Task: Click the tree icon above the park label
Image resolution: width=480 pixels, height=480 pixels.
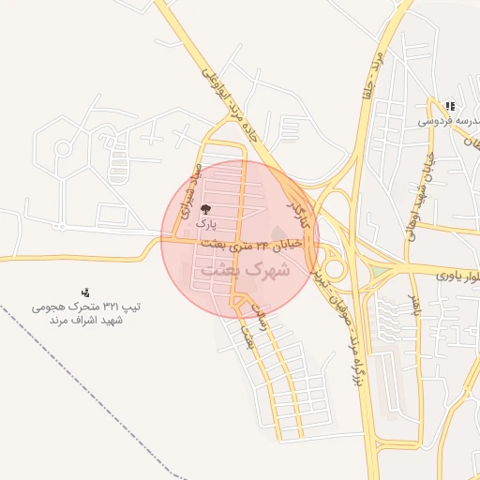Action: click(x=206, y=209)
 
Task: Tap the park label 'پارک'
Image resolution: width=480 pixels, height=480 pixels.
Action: click(x=206, y=225)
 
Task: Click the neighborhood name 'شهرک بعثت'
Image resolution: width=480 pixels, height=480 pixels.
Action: click(x=246, y=269)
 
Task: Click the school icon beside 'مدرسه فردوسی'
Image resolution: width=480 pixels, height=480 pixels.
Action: click(x=450, y=107)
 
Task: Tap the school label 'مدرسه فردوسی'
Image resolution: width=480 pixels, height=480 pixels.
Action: click(x=449, y=121)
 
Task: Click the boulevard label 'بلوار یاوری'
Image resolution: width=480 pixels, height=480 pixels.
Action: click(x=458, y=276)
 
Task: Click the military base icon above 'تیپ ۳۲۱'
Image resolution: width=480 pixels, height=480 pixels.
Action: click(x=86, y=292)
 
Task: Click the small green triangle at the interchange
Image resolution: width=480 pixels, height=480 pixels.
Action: click(x=379, y=272)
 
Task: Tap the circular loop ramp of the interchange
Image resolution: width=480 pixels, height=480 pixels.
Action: click(x=334, y=271)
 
